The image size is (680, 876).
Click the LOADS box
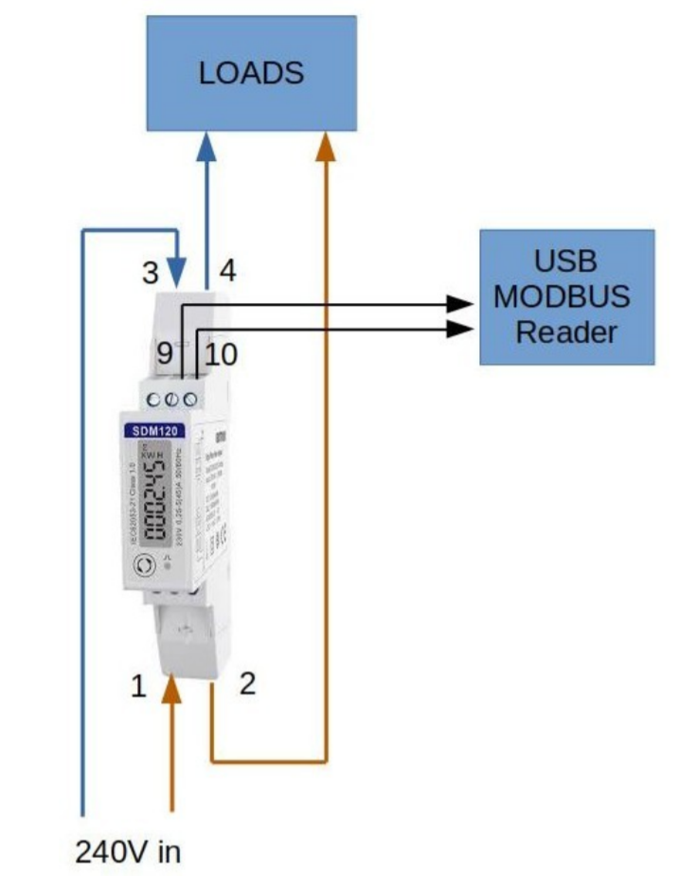tap(251, 73)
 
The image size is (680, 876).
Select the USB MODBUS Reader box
tap(566, 296)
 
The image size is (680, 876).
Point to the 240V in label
tap(128, 850)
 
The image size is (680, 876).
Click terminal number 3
tap(150, 273)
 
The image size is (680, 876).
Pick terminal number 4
tap(227, 271)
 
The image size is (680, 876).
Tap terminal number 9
tap(165, 355)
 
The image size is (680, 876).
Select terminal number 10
tap(221, 355)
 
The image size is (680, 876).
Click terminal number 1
tap(139, 686)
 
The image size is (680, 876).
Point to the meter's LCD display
tap(154, 500)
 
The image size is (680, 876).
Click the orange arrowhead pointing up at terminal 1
tap(171, 688)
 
